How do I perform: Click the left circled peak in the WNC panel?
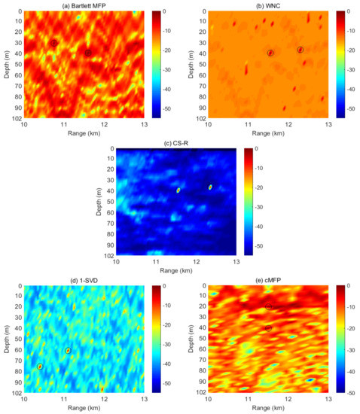270,52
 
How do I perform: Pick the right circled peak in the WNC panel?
300,50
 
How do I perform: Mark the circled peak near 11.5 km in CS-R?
178,190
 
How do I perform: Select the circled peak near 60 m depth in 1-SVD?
68,351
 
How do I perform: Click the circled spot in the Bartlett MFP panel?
88,53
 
